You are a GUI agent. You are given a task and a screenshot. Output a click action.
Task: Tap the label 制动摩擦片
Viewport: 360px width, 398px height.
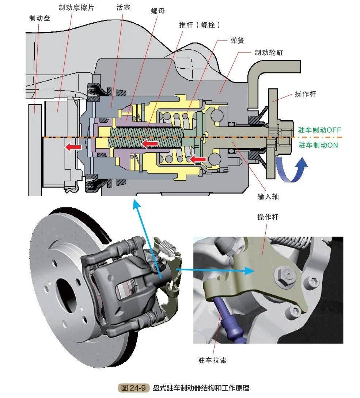76,7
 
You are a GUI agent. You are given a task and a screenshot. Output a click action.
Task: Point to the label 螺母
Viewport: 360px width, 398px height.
158,11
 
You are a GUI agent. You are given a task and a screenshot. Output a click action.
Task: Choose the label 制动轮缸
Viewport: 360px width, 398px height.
269,53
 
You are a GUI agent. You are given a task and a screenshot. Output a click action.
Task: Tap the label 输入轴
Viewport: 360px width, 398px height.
268,197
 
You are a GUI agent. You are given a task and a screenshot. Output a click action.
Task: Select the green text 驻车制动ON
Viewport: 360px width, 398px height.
318,145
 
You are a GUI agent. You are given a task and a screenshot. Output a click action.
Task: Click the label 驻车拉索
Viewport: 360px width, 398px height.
212,360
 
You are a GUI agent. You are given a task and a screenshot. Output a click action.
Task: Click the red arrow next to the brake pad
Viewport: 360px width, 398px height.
73,147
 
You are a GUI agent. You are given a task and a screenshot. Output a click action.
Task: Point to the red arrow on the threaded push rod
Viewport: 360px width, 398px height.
149,144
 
